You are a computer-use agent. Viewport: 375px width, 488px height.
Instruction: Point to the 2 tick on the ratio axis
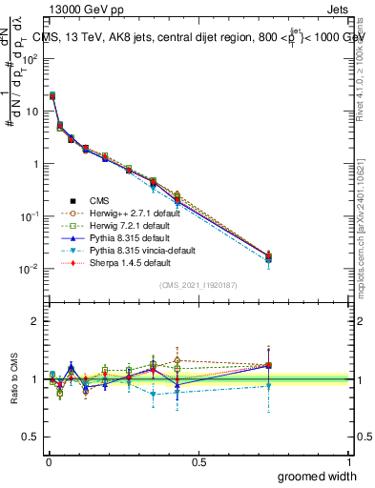coord(35,321)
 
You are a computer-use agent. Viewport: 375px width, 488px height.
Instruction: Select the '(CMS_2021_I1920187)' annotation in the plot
coord(199,285)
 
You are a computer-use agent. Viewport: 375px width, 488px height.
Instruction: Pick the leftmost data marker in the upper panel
coord(52,95)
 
